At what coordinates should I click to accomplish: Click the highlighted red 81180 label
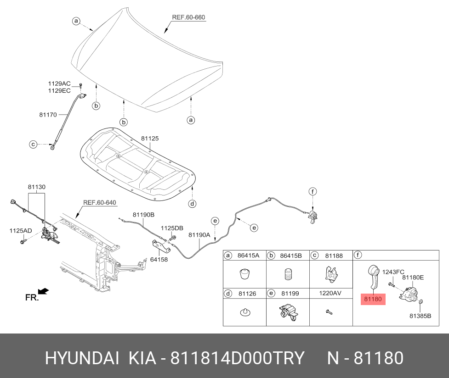tap(373, 299)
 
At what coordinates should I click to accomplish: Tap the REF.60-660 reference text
tap(188, 17)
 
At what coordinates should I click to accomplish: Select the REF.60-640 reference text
tap(100, 203)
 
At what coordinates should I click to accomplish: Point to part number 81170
tap(48, 115)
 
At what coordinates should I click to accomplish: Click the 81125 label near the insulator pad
tap(150, 139)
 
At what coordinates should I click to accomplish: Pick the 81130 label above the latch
tap(37, 187)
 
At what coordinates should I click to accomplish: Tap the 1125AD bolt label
tap(21, 231)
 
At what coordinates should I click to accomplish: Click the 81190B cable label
tap(143, 215)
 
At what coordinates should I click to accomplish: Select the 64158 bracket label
tap(159, 260)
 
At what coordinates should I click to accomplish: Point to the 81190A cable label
tap(199, 235)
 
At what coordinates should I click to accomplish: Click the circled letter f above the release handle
tap(313, 191)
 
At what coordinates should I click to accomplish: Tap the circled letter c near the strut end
tap(33, 145)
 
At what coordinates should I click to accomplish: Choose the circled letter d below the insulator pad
tap(193, 204)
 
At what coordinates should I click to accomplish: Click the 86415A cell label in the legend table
tap(248, 256)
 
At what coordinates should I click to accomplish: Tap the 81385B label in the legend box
tap(421, 316)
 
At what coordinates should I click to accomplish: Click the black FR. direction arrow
tap(44, 291)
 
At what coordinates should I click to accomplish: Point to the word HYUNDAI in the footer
tap(82, 358)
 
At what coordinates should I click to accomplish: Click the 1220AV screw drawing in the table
tap(329, 312)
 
